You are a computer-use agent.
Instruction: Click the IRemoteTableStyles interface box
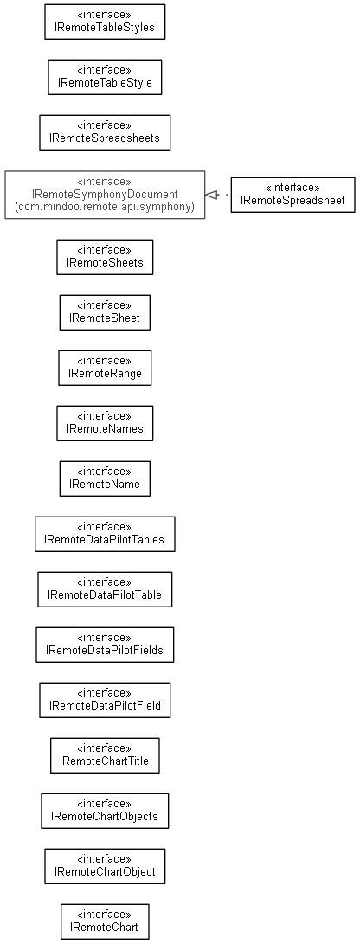pyautogui.click(x=105, y=22)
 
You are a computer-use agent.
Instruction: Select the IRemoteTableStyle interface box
pyautogui.click(x=105, y=77)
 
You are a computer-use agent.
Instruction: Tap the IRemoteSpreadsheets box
pyautogui.click(x=105, y=132)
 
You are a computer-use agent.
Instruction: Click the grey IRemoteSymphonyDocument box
pyautogui.click(x=105, y=195)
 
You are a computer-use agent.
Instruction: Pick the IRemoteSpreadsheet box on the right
pyautogui.click(x=292, y=195)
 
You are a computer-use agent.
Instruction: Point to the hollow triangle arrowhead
pyautogui.click(x=210, y=195)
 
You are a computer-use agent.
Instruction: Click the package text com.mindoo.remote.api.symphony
pyautogui.click(x=105, y=207)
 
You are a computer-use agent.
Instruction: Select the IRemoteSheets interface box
pyautogui.click(x=105, y=257)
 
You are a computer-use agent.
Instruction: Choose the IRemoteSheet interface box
pyautogui.click(x=105, y=312)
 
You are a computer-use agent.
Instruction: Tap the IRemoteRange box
pyautogui.click(x=105, y=368)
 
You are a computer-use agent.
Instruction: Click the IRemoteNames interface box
pyautogui.click(x=105, y=423)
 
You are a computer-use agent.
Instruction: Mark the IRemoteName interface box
pyautogui.click(x=105, y=478)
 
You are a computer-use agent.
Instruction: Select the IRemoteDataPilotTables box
pyautogui.click(x=105, y=534)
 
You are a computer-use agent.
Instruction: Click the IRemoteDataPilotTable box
pyautogui.click(x=105, y=589)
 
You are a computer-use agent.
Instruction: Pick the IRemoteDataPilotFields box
pyautogui.click(x=105, y=645)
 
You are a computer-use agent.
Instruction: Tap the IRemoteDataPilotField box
pyautogui.click(x=105, y=700)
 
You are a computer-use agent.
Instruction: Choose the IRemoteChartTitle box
pyautogui.click(x=105, y=755)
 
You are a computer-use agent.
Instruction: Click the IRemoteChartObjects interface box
pyautogui.click(x=105, y=811)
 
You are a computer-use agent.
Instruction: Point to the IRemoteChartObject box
pyautogui.click(x=105, y=866)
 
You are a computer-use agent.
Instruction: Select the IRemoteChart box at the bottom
pyautogui.click(x=105, y=922)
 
